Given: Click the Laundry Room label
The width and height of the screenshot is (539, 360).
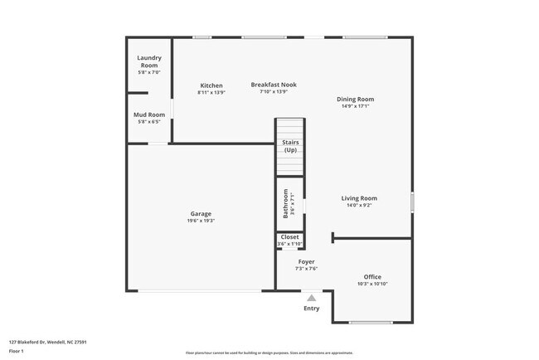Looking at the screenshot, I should tap(149, 61).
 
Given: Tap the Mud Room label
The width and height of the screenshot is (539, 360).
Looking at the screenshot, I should tap(149, 114).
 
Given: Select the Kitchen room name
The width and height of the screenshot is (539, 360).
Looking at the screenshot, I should tap(211, 85).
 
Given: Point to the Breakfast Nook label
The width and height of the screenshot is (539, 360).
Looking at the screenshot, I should tap(274, 85).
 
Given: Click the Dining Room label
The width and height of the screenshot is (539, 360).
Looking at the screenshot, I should tap(355, 100).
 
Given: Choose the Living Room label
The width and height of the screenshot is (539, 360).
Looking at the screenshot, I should tap(359, 198).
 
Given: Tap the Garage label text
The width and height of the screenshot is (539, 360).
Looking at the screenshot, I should tap(201, 214).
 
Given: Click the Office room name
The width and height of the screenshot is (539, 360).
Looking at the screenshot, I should tap(372, 277).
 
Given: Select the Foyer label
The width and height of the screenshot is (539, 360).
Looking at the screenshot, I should tap(307, 261).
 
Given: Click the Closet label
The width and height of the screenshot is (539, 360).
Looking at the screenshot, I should tap(289, 237).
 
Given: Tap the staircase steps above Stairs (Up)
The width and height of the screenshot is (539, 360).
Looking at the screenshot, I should tap(290, 129).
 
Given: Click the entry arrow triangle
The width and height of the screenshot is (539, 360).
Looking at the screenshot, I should tap(311, 297).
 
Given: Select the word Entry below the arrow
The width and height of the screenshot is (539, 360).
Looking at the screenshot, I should tap(311, 309).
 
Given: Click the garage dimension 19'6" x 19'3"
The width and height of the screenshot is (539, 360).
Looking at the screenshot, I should tap(201, 221).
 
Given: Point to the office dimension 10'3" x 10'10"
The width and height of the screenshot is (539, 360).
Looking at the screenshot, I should tap(372, 285).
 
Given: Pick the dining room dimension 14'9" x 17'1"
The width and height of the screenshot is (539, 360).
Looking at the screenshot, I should tap(355, 106).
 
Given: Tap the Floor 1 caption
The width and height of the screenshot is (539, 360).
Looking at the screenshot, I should tap(17, 351).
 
